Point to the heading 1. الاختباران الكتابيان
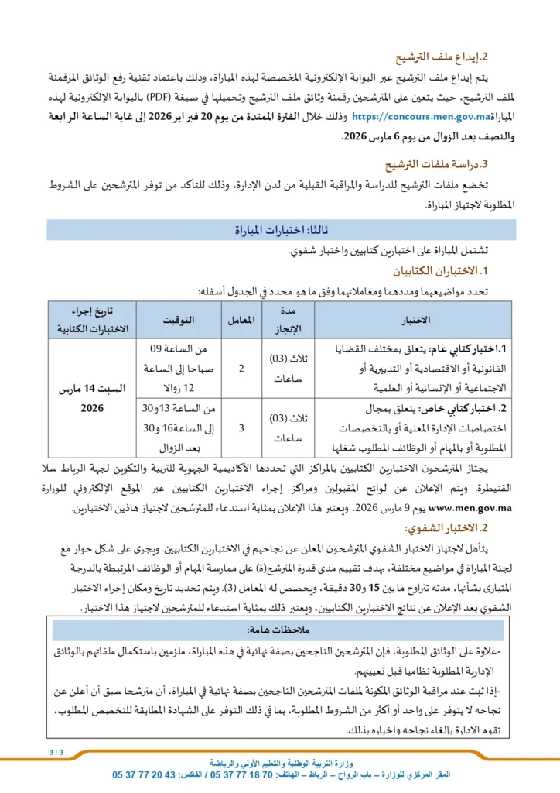pyautogui.click(x=448, y=272)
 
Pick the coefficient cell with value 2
pyautogui.click(x=241, y=369)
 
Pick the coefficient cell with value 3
pyautogui.click(x=241, y=427)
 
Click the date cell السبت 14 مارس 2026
pyautogui.click(x=92, y=397)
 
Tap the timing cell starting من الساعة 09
pyautogui.click(x=178, y=369)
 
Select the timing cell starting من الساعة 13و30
pyautogui.click(x=178, y=427)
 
